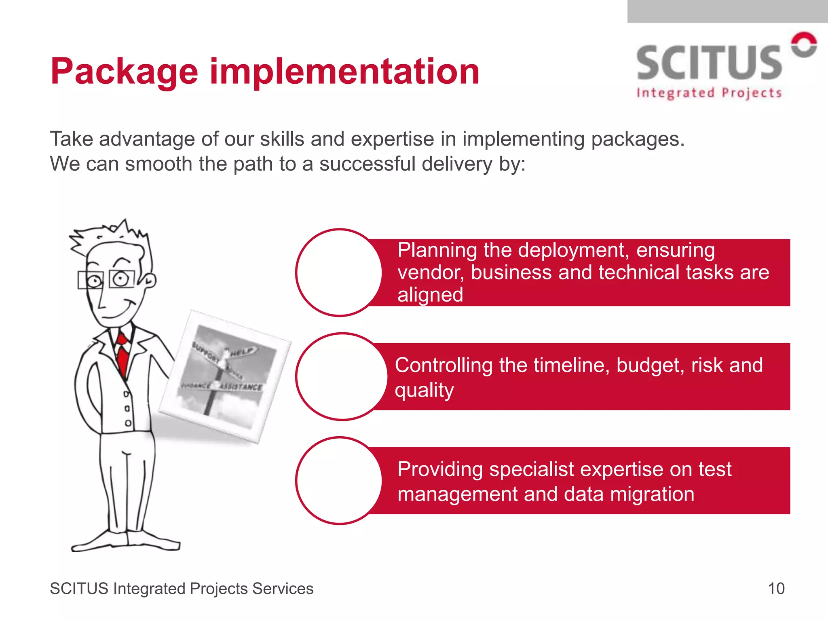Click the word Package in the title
click(x=124, y=72)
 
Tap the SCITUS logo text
click(x=709, y=63)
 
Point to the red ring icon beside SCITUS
click(x=804, y=44)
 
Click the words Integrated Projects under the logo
click(x=709, y=93)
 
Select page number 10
click(x=776, y=589)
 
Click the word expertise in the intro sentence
click(x=392, y=139)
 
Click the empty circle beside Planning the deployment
click(x=339, y=272)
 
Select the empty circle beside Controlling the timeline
click(x=342, y=376)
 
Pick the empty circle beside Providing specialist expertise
click(x=339, y=481)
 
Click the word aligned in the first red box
click(x=430, y=295)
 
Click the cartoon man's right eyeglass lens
click(x=121, y=279)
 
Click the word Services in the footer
click(x=283, y=589)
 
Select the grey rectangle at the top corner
click(x=727, y=11)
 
